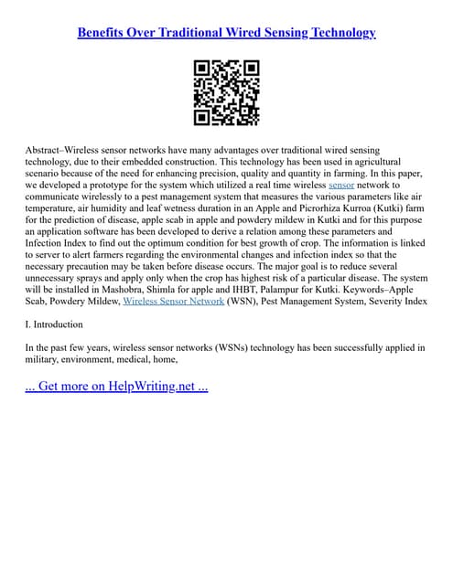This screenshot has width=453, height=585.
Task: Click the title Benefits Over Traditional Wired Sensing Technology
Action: (226, 33)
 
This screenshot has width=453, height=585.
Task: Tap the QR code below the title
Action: (226, 93)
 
